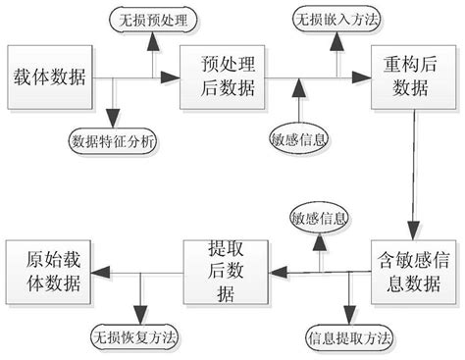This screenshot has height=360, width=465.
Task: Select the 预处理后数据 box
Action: click(x=224, y=77)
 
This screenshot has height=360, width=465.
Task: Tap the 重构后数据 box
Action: click(x=410, y=77)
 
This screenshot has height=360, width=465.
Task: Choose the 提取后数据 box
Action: click(x=227, y=266)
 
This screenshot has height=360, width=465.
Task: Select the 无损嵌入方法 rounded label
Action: click(x=336, y=19)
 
